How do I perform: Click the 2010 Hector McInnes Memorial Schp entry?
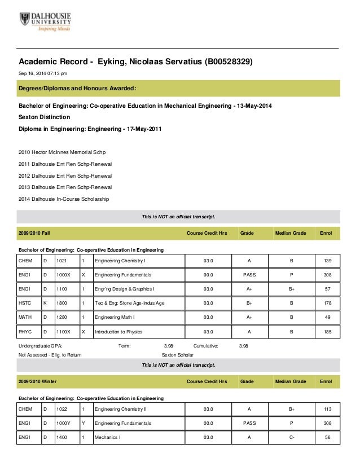click(x=62, y=152)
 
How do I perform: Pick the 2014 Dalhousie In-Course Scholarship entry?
click(x=64, y=199)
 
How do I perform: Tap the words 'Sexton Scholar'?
click(x=177, y=355)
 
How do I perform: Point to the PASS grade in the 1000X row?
click(x=249, y=275)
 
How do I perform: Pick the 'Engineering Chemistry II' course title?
click(x=121, y=408)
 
